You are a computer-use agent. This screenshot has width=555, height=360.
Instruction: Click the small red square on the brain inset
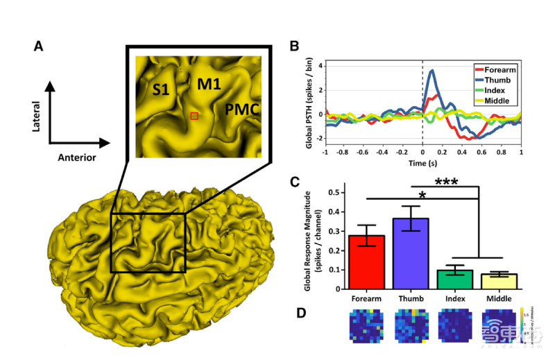pos(194,116)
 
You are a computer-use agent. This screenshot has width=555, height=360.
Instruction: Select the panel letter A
pos(39,47)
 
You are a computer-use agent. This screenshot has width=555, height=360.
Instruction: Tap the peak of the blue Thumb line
pos(432,70)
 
